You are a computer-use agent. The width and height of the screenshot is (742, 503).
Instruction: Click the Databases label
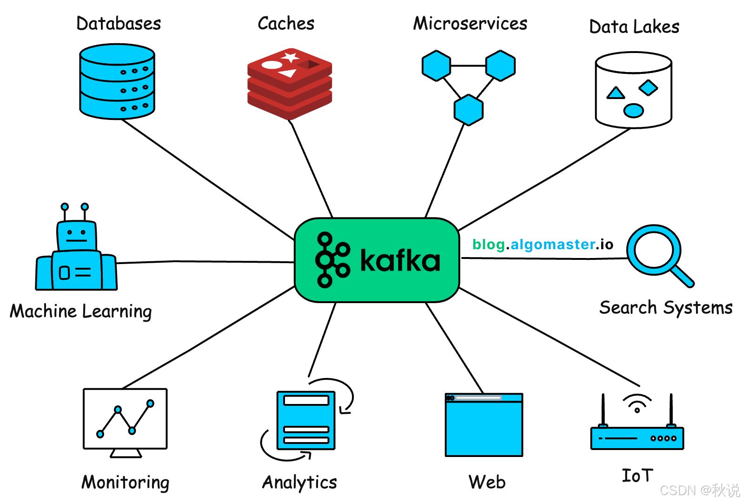[x=119, y=24]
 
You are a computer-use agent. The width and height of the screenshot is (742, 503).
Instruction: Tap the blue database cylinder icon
[x=117, y=81]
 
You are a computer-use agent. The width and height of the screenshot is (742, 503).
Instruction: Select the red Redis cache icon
[x=290, y=84]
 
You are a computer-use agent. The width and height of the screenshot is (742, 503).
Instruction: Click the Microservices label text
[x=470, y=24]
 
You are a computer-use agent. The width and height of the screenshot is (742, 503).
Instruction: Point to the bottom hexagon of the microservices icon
[x=469, y=110]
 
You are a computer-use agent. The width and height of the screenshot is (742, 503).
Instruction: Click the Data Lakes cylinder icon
[x=633, y=90]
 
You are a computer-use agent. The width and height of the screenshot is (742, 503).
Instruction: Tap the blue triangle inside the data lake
[x=616, y=93]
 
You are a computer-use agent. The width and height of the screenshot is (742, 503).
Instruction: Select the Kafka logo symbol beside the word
[x=332, y=260]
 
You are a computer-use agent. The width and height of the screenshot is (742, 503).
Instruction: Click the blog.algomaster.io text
[x=543, y=245]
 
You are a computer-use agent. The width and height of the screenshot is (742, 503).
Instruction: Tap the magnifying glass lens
[x=653, y=250]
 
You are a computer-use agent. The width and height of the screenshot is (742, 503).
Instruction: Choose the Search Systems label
[x=666, y=308]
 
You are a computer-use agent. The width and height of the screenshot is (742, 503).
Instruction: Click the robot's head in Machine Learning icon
[x=77, y=235]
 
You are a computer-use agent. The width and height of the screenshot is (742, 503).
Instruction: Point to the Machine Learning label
[x=81, y=311]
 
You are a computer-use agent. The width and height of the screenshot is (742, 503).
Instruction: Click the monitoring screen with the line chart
[x=125, y=418]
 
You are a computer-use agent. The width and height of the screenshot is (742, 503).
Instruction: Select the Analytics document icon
[x=306, y=420]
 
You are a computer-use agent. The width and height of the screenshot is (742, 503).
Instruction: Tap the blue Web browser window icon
[x=484, y=425]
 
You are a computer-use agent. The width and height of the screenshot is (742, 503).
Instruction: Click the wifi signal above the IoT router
[x=637, y=403]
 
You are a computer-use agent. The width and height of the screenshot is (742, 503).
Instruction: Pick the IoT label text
[x=637, y=476]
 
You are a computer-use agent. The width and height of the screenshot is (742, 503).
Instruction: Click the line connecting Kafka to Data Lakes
[x=544, y=180]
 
